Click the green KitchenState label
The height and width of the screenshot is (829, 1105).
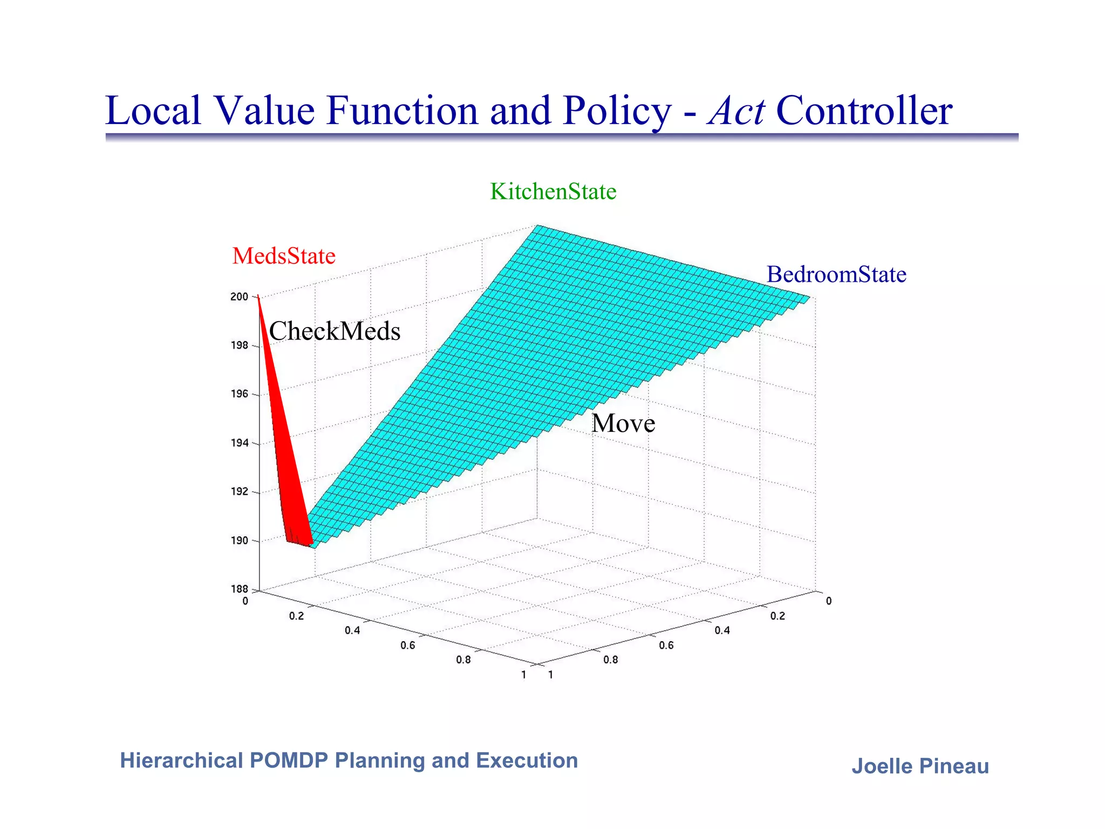click(553, 192)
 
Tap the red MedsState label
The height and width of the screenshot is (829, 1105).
click(284, 256)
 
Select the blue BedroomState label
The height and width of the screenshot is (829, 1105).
click(836, 275)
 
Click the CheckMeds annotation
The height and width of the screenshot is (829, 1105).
click(335, 331)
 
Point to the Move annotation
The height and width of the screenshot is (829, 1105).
click(623, 423)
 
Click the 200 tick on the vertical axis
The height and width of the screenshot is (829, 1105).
click(239, 297)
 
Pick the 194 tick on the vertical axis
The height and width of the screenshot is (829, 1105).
click(239, 443)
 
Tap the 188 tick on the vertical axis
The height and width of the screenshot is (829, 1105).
click(239, 589)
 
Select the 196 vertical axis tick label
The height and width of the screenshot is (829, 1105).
click(239, 394)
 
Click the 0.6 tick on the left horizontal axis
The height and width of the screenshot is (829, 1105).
click(408, 645)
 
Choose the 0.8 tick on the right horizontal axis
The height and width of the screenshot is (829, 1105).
click(610, 660)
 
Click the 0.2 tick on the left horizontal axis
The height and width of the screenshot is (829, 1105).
click(296, 616)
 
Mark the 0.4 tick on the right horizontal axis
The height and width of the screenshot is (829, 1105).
click(722, 630)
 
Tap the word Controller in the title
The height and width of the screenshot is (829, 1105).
click(864, 111)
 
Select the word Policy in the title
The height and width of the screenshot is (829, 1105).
click(616, 111)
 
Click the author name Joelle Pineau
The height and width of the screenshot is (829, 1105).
click(920, 766)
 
